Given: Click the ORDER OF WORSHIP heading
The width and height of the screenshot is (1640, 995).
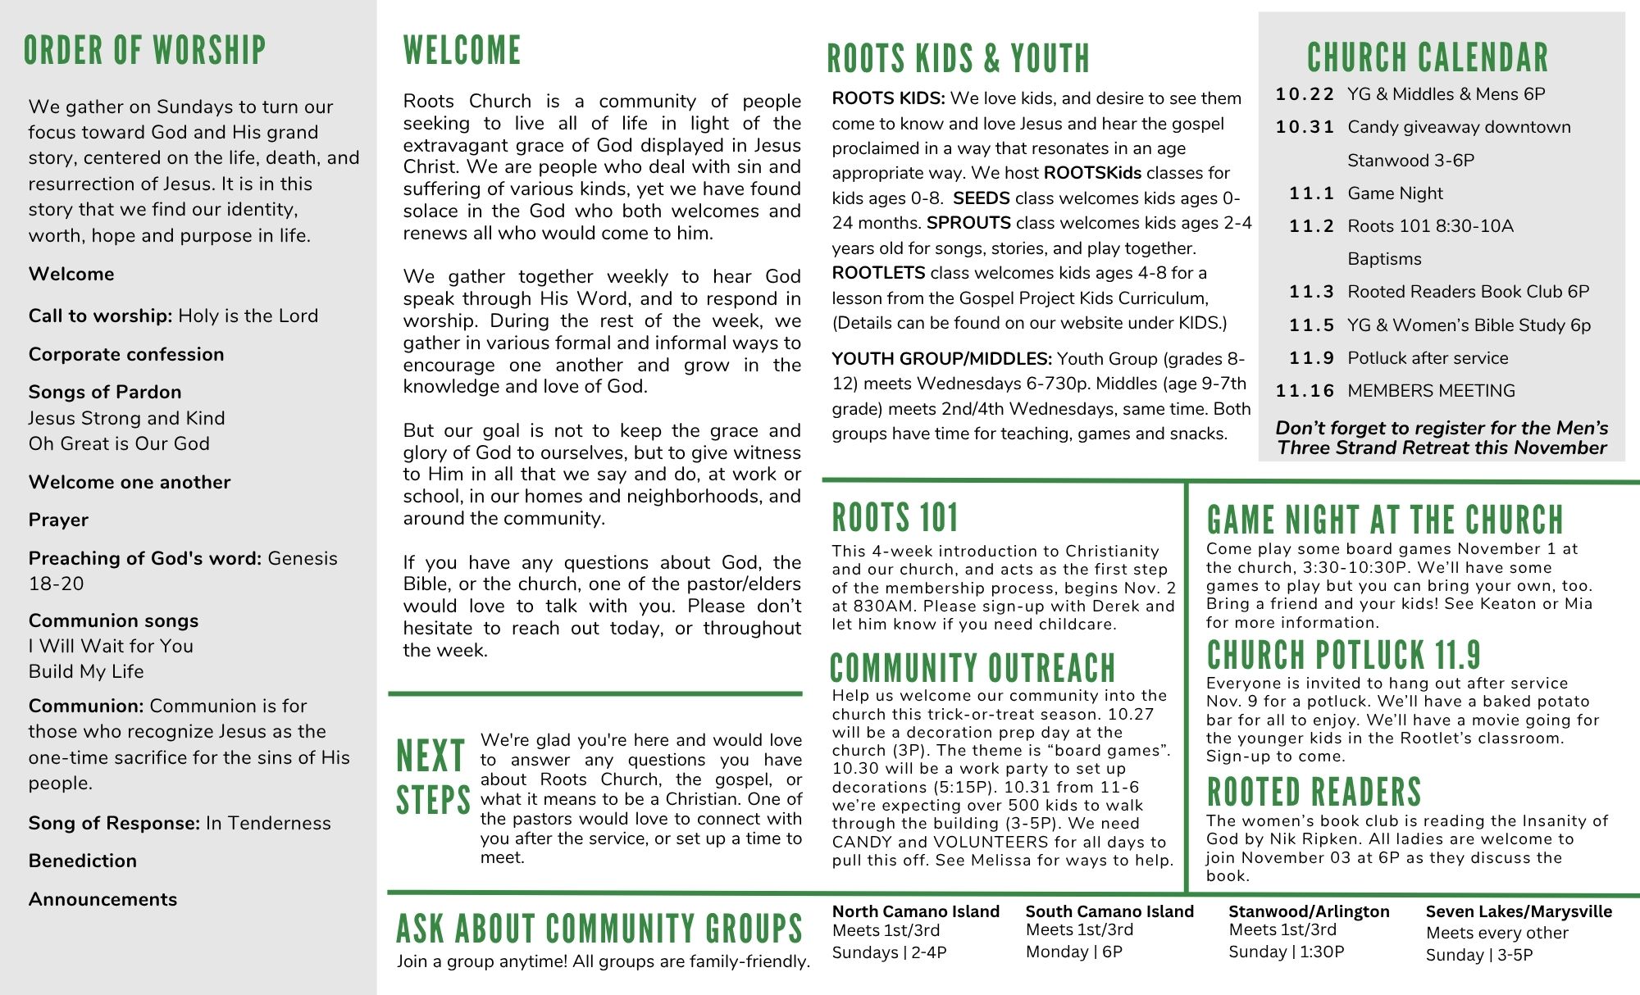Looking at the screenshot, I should click(x=145, y=51).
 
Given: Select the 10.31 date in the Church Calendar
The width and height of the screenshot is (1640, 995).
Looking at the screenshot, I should click(x=1305, y=127).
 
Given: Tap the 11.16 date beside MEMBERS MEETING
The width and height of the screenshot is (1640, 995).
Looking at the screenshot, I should click(x=1305, y=391).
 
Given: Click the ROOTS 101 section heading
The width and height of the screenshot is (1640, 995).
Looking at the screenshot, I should click(x=895, y=518).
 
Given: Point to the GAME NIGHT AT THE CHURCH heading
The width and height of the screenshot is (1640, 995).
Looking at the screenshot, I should click(x=1385, y=520).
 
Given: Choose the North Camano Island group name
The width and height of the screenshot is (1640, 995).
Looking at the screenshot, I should click(x=915, y=911).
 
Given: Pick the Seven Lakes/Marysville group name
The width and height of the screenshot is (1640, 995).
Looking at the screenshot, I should click(x=1519, y=911).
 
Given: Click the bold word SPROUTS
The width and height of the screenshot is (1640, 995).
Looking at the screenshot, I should click(x=968, y=223).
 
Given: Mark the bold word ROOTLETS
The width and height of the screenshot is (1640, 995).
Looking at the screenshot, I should click(x=878, y=273).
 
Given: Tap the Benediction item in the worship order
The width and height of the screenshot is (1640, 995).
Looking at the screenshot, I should click(x=83, y=861).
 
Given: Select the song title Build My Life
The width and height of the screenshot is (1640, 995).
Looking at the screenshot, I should click(x=86, y=671).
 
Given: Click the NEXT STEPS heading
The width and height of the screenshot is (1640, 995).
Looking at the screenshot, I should click(x=432, y=777).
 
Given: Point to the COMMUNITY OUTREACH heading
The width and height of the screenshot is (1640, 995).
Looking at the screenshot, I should click(x=973, y=668).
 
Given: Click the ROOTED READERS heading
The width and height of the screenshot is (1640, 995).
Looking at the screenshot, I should click(x=1314, y=792).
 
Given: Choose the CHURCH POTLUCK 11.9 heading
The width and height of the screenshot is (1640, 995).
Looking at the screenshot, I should click(x=1343, y=655).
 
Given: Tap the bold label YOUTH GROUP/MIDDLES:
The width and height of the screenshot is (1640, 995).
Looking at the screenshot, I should click(x=941, y=359).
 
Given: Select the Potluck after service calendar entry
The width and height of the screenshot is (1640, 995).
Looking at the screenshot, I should click(x=1428, y=358).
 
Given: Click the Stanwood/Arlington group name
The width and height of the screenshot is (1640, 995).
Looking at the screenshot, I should click(x=1309, y=911).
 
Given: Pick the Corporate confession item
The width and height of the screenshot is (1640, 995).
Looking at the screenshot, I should click(x=126, y=354).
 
